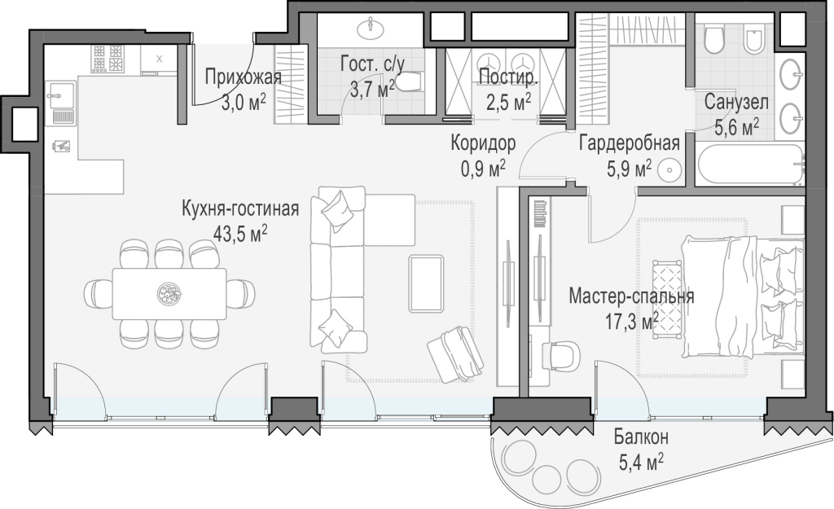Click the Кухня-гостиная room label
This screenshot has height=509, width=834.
pos(240,208)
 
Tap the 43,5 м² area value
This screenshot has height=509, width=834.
pos(240,234)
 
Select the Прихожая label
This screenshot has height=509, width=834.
pos(243,77)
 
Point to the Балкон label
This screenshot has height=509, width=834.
pos(641,437)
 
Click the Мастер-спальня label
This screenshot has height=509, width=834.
pos(631,296)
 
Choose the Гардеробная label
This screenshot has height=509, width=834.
pos(630,143)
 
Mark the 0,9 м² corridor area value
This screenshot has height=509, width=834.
pos(483,169)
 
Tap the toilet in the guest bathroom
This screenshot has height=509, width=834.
pos(410,82)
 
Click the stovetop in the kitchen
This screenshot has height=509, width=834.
pos(108,59)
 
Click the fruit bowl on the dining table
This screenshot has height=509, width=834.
pos(169,292)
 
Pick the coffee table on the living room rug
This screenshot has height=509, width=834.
pos(426,283)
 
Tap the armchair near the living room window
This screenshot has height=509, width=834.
pos(456,353)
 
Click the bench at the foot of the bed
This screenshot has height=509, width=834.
pos(667,298)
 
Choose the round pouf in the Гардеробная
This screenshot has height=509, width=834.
pos(669,170)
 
